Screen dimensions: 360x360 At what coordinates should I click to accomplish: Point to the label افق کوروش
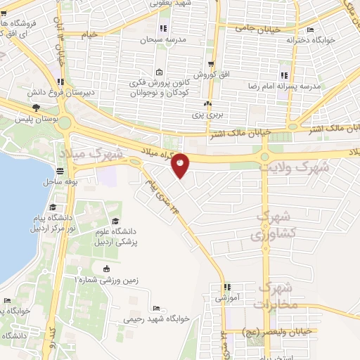(x=209, y=74)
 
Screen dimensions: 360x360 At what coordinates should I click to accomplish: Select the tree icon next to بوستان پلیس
(x=35, y=107)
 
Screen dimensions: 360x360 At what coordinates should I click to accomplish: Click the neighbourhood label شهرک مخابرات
(x=278, y=295)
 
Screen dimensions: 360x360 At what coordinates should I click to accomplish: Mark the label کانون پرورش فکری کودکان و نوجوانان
(x=159, y=89)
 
